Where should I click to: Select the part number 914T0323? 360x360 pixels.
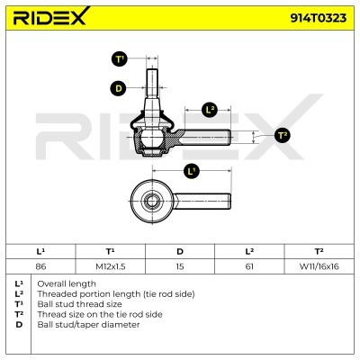[318, 18]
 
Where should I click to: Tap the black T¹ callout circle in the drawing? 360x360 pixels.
[120, 58]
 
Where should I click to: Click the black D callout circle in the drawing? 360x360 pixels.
[119, 88]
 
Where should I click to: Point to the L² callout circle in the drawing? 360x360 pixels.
[210, 110]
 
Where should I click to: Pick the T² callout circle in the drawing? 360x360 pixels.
[283, 135]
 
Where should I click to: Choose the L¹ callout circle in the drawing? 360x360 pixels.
[191, 171]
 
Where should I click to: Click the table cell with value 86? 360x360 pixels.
[40, 266]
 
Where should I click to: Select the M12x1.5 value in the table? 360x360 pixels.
[111, 266]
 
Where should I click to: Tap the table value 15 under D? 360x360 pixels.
[180, 266]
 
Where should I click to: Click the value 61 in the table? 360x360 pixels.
[249, 266]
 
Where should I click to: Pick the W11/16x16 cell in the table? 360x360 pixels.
[319, 266]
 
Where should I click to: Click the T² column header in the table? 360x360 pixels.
[319, 251]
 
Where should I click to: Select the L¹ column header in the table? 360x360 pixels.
[40, 251]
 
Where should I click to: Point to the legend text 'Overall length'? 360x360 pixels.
[67, 283]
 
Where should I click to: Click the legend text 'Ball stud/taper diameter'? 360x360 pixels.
[88, 325]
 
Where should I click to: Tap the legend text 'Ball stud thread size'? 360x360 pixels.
[79, 304]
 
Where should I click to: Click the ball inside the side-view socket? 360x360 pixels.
[152, 137]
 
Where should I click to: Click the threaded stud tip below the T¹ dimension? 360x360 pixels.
[152, 71]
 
